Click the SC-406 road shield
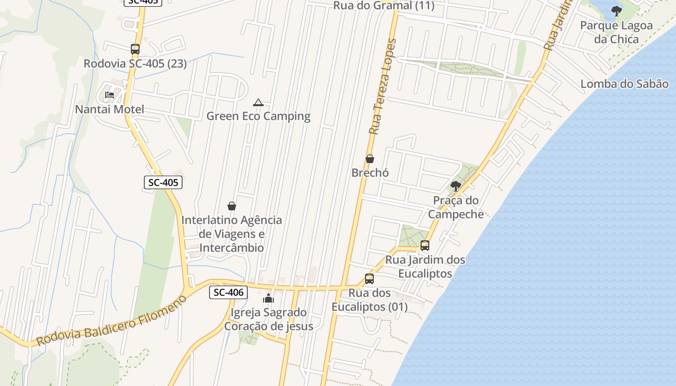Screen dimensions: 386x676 pos(228,292)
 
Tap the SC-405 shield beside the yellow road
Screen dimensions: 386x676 pos(163,182)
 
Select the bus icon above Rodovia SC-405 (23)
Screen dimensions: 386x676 pos(135,49)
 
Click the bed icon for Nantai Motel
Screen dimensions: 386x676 pos(110,95)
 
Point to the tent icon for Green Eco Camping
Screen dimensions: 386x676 pos(258,102)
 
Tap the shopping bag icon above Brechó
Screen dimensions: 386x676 pos(370,158)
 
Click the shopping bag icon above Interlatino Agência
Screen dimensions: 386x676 pos(232,206)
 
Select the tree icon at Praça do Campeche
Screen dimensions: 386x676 pos(455,186)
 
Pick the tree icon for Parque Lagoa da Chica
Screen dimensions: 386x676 pos(616,11)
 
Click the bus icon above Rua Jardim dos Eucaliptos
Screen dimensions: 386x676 pos(425,245)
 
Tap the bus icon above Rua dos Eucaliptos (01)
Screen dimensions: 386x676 pos(369,278)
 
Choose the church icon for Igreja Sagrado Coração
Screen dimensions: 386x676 pos(268,298)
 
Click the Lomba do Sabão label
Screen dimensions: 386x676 pos(624,83)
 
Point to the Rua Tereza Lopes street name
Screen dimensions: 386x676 pos(381,87)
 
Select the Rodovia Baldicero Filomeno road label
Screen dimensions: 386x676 pos(111,321)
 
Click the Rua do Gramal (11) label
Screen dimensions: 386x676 pos(384,6)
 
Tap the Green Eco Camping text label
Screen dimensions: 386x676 pos(258,116)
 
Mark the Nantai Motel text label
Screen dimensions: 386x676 pos(110,110)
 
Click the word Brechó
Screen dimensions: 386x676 pos(370,173)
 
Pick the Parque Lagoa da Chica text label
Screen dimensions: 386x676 pos(616,32)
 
